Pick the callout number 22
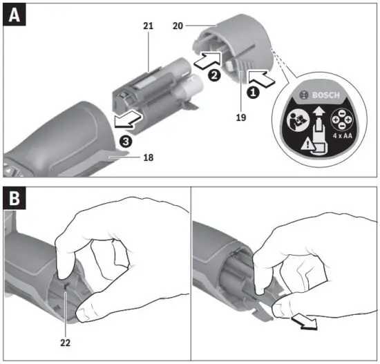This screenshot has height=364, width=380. point(65,341)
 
